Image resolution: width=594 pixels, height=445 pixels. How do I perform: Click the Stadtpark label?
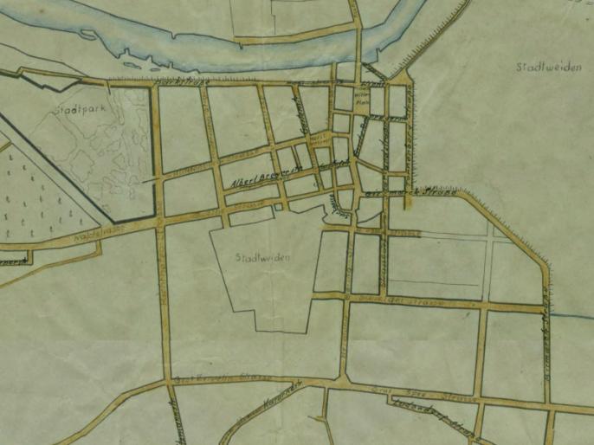[73, 110]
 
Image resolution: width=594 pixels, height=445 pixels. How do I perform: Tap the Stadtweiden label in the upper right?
[547, 68]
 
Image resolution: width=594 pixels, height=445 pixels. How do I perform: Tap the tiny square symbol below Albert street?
[278, 207]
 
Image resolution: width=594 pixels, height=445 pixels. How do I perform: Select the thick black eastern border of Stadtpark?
[155, 147]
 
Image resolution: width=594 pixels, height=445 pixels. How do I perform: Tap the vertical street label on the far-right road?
[546, 346]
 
